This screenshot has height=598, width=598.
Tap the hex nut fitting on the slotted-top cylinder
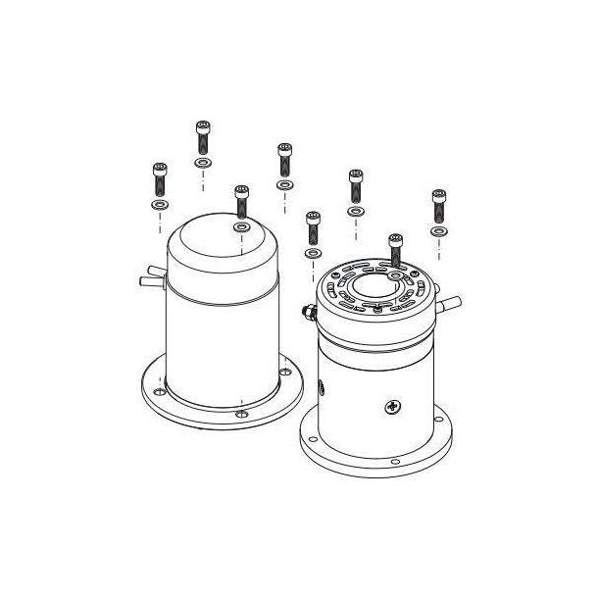[x=308, y=313]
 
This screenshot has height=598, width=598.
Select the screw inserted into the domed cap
[x=241, y=202]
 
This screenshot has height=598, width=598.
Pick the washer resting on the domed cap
[x=241, y=227]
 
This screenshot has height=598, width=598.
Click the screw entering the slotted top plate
[x=395, y=251]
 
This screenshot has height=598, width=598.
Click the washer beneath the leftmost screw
[x=159, y=206]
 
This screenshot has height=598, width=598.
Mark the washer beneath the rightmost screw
[x=438, y=231]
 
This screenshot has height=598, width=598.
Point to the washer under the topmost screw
[x=203, y=162]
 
